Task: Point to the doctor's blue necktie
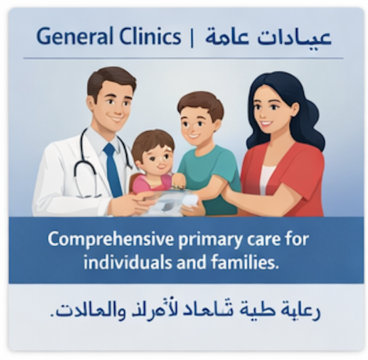pos(113,170)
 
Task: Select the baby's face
pos(154,157)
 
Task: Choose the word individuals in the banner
pos(127,261)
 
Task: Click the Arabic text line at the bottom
pos(185,311)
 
